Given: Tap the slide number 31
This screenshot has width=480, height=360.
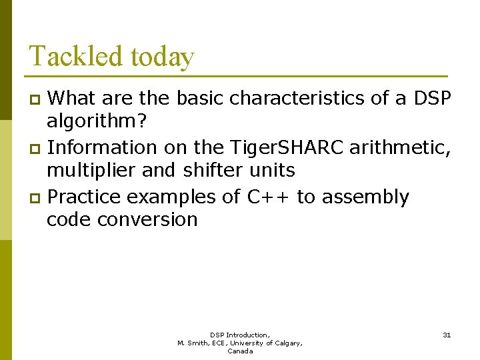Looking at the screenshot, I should click(x=447, y=335).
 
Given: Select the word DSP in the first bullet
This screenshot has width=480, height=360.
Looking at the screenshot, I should click(x=433, y=99).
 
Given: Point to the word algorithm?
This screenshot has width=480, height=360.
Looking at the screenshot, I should click(x=97, y=123).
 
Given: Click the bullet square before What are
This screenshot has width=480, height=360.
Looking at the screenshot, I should click(x=36, y=100).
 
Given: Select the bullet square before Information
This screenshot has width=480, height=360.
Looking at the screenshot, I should click(x=36, y=148).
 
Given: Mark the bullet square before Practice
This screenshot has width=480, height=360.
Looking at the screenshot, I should click(x=36, y=198).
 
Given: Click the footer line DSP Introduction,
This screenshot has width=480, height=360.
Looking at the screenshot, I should click(x=240, y=335).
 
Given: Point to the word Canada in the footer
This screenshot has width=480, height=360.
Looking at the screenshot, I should click(x=240, y=351).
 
